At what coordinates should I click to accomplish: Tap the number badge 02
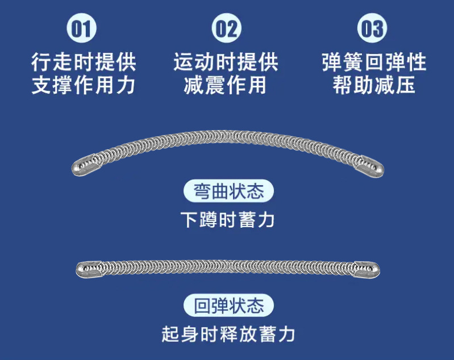pos(227,28)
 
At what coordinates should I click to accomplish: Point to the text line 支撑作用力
pos(84,85)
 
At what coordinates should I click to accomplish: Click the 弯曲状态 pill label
pos(228,191)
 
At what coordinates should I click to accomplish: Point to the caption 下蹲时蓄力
pos(227,219)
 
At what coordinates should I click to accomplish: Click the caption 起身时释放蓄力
pos(228,334)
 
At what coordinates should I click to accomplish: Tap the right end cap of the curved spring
pos(370,165)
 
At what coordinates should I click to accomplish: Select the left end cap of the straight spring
pos(88,269)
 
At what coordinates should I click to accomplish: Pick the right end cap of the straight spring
pos(368,269)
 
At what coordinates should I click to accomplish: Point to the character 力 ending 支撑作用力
pos(126,85)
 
